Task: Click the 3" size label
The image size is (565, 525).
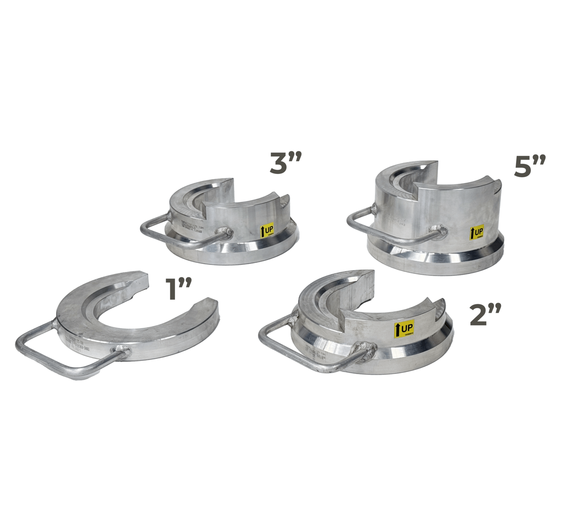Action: click(285, 163)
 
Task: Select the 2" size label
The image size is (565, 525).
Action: click(486, 315)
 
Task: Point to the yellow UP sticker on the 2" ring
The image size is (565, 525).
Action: click(404, 328)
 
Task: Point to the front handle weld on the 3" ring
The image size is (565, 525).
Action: click(225, 232)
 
